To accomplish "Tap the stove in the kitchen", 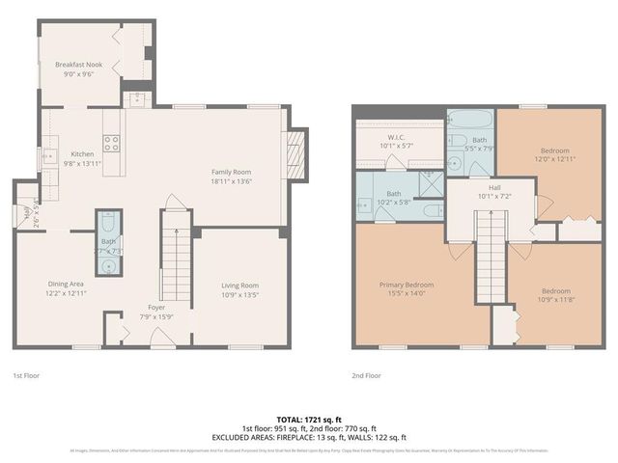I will pos(112,144).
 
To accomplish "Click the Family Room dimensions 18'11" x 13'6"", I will pos(231,180).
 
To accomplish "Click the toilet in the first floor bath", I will pos(108,219).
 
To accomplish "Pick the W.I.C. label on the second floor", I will pos(396,137).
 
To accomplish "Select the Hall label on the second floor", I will pos(493,187).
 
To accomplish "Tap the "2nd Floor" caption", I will pos(367,374).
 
